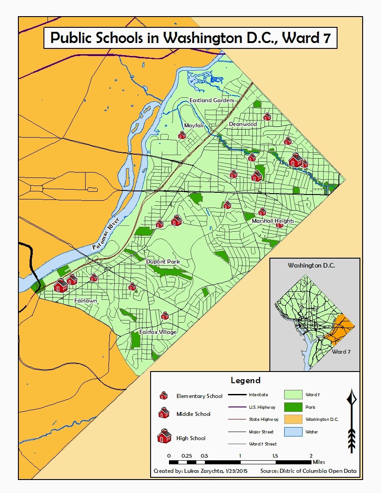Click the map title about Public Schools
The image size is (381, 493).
[190, 38]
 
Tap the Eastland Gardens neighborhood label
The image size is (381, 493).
[212, 100]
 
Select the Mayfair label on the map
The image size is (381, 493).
[194, 126]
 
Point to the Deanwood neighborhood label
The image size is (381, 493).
[242, 124]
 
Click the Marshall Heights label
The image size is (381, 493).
[273, 221]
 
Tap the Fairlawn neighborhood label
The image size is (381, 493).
[86, 301]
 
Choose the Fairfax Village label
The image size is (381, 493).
[157, 332]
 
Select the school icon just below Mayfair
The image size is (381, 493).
[182, 135]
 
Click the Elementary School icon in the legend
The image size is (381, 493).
[164, 395]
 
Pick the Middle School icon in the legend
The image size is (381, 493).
[164, 413]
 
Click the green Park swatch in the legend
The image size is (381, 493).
[293, 407]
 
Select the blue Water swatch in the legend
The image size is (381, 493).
[293, 432]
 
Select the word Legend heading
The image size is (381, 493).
[245, 381]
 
